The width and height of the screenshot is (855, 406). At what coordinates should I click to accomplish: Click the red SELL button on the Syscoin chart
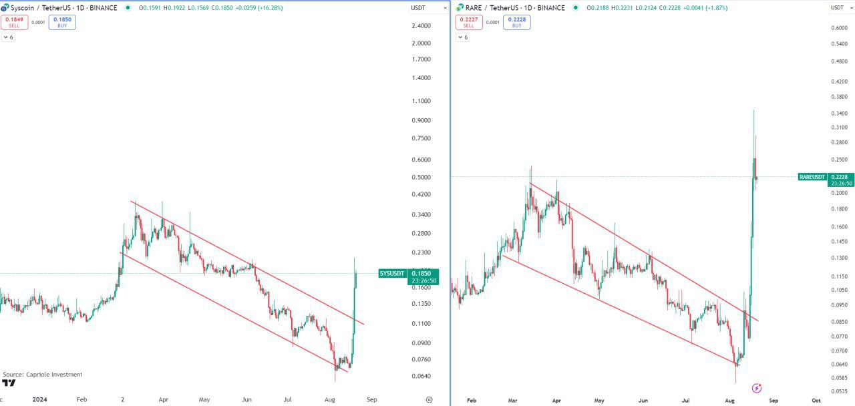click(x=14, y=22)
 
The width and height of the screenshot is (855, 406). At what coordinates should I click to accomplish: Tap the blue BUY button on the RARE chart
click(x=516, y=22)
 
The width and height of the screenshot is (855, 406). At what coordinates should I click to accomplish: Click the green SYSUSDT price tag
click(x=392, y=273)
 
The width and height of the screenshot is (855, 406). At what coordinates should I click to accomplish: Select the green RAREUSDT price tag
click(x=812, y=177)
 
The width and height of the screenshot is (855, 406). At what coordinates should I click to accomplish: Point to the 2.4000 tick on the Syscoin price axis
click(x=421, y=26)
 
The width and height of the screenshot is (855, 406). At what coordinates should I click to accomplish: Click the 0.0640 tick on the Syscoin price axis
click(x=421, y=376)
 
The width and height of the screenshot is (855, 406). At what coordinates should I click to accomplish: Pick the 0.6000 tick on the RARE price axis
click(x=839, y=28)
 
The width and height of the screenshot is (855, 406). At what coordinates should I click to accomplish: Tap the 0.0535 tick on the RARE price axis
click(x=839, y=391)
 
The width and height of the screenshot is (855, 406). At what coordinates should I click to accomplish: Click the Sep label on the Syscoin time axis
click(x=372, y=400)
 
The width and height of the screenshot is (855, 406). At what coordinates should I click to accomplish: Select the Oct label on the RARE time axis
click(x=816, y=401)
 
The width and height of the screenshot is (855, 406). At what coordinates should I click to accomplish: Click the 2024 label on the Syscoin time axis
click(x=40, y=400)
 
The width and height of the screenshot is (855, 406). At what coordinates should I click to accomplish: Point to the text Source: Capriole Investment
click(x=43, y=375)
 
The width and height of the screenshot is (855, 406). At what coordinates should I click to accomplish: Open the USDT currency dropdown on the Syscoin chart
click(x=428, y=8)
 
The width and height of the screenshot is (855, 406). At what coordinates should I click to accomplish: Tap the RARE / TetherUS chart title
click(x=494, y=8)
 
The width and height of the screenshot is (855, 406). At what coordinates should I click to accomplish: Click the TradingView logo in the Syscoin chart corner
click(x=9, y=383)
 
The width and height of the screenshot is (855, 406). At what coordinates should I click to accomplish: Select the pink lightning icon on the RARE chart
click(x=757, y=388)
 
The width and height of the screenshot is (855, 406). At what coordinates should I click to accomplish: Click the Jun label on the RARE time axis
click(x=643, y=401)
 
